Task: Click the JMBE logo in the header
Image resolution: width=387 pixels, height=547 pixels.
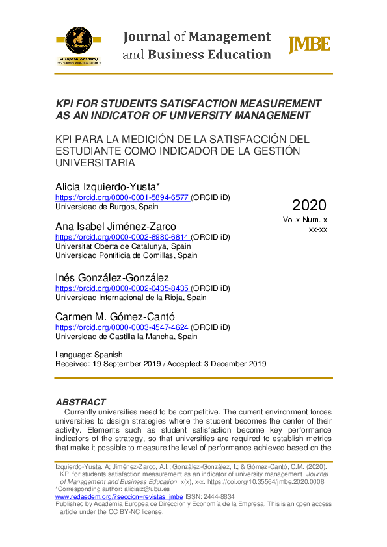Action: pyautogui.click(x=309, y=45)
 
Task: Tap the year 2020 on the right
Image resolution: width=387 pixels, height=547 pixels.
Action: pyautogui.click(x=309, y=205)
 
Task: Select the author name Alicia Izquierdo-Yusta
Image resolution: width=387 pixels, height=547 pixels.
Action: pyautogui.click(x=109, y=186)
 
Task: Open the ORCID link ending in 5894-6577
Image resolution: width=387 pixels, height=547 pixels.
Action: pyautogui.click(x=122, y=197)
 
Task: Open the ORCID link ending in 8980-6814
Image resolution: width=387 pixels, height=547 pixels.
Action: pyautogui.click(x=122, y=237)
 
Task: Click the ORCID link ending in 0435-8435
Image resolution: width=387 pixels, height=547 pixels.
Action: pyautogui.click(x=122, y=288)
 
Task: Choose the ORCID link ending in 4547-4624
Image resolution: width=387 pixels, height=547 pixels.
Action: pyautogui.click(x=122, y=327)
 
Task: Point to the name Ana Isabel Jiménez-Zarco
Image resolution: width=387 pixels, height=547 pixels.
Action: pyautogui.click(x=116, y=226)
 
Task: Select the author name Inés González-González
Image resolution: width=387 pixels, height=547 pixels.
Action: pyautogui.click(x=112, y=277)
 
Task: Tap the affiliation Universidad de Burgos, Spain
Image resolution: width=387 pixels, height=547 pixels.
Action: pyautogui.click(x=107, y=207)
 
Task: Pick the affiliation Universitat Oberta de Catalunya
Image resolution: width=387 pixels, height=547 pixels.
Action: pyautogui.click(x=123, y=247)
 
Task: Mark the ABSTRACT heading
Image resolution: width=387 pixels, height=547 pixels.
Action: pyautogui.click(x=81, y=402)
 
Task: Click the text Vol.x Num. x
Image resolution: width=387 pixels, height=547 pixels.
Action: pyautogui.click(x=305, y=220)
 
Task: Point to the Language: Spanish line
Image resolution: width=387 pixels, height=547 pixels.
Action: pyautogui.click(x=89, y=355)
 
